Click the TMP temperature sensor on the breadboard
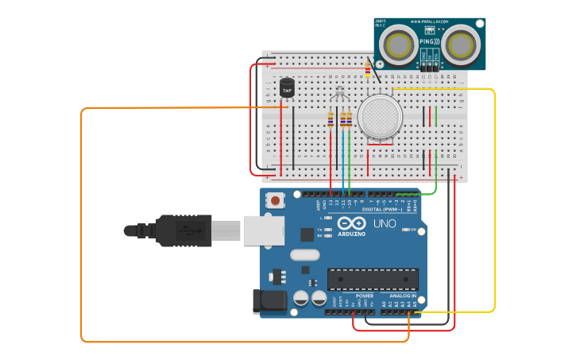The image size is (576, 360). [x=287, y=88]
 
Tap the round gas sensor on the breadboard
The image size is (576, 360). [x=380, y=116]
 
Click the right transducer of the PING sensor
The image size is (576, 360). [x=460, y=45]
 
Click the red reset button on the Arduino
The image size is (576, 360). [x=276, y=201]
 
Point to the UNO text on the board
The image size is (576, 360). [x=385, y=224]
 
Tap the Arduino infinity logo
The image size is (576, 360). [x=354, y=223]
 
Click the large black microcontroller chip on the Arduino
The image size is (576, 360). [x=373, y=279]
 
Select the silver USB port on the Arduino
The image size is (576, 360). [x=263, y=230]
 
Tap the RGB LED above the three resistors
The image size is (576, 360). [x=340, y=94]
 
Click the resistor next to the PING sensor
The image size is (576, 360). [x=367, y=70]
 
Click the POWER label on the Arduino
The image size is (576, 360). [x=365, y=296]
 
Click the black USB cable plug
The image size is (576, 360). [x=183, y=230]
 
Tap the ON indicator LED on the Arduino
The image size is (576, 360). [x=413, y=230]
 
